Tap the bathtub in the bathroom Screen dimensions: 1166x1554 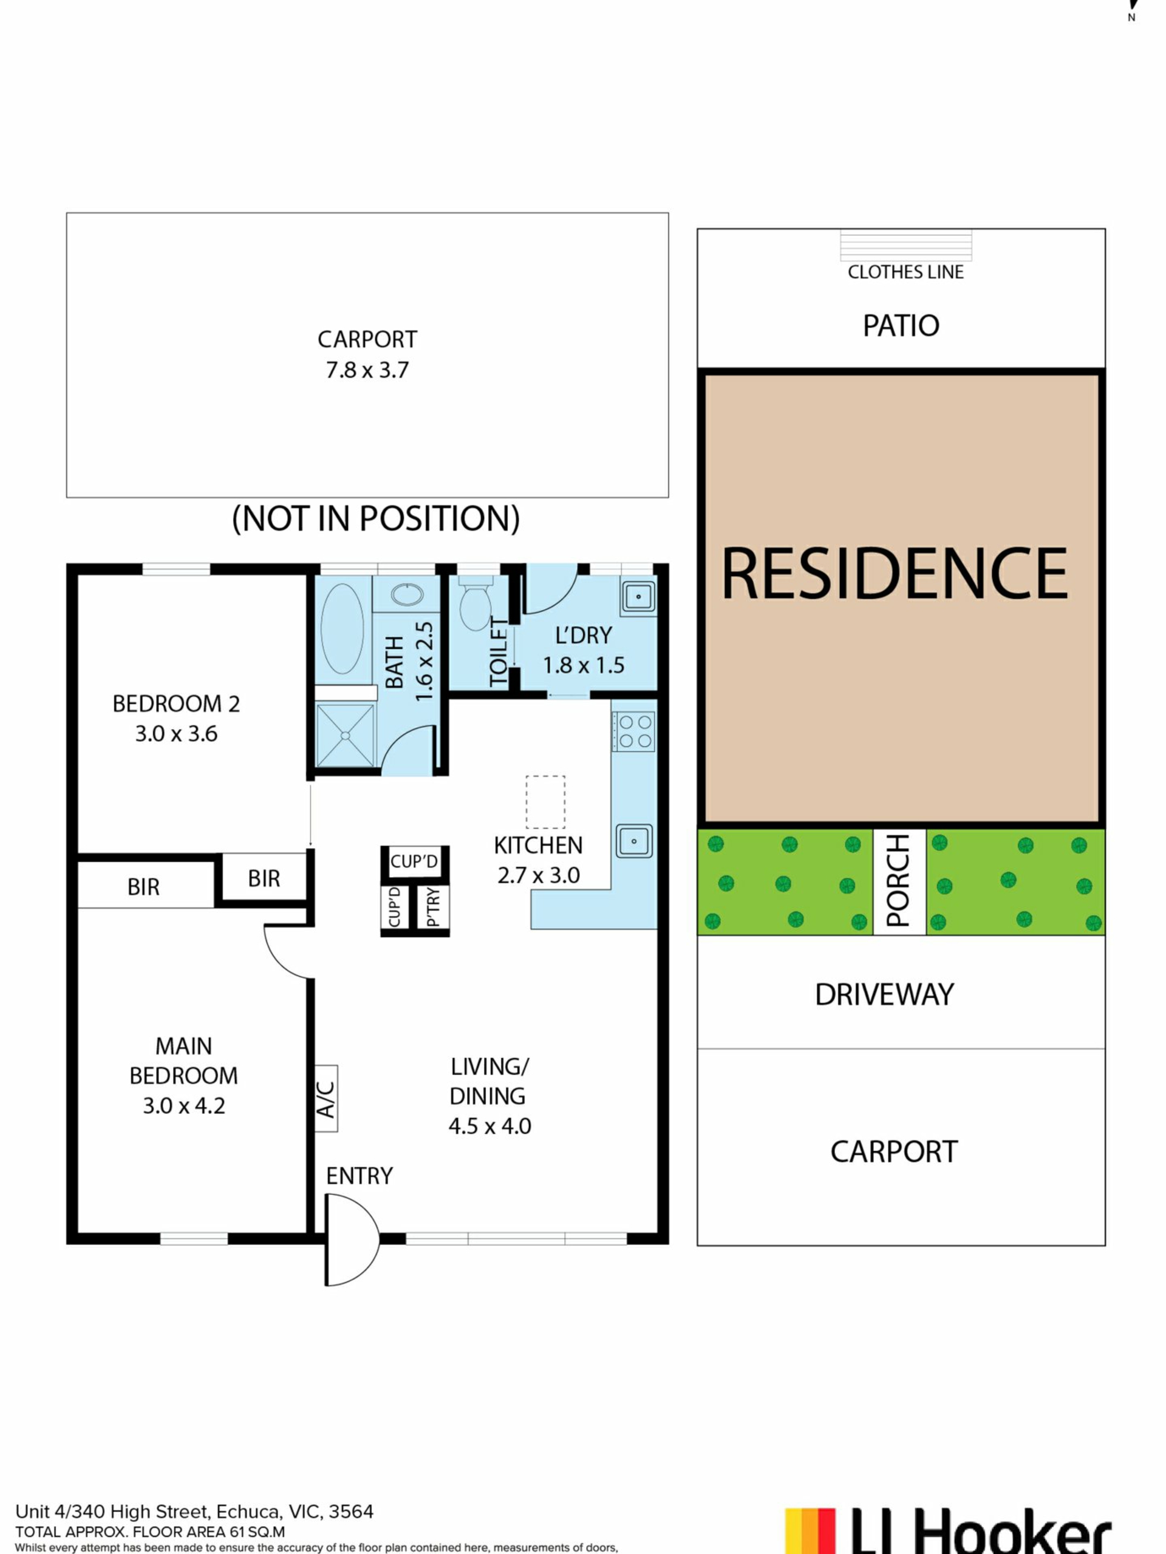coord(343,629)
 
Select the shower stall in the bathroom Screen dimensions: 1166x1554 coord(346,736)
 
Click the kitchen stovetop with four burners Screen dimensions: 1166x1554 coord(634,731)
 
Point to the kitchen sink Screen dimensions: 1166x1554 coord(634,841)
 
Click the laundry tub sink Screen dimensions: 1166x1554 coord(638,597)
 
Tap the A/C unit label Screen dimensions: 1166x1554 coord(326,1098)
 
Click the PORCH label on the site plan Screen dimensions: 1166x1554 coord(899,881)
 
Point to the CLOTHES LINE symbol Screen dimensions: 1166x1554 coord(906,245)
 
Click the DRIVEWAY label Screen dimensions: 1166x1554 coord(884,995)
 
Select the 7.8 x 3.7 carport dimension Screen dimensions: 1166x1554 coord(367,370)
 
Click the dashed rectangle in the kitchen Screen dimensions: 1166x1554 coord(545,802)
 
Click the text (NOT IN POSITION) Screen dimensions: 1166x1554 coord(376,518)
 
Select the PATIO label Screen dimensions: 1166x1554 coord(901,326)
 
